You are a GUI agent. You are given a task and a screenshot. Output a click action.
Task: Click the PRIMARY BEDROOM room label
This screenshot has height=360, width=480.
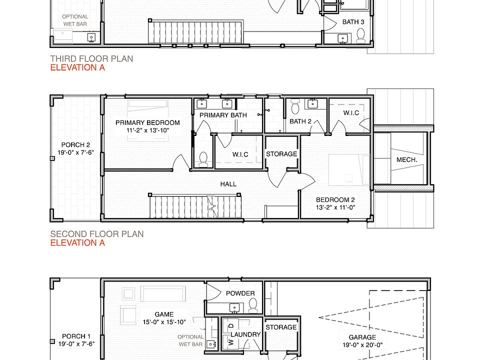(147, 123)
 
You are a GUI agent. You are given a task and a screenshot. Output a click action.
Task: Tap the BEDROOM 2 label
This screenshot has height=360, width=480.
(335, 200)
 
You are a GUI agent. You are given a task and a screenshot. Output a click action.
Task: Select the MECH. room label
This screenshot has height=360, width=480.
(407, 160)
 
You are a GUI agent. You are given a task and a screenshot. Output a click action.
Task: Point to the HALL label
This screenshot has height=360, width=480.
(228, 184)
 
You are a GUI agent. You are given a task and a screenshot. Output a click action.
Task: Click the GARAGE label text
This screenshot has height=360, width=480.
(362, 337)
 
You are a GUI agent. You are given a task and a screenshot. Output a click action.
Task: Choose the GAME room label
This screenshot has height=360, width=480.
(164, 314)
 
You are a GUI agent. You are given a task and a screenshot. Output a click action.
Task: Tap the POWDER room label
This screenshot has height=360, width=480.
(240, 293)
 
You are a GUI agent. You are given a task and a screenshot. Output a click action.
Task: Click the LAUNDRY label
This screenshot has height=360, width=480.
(245, 334)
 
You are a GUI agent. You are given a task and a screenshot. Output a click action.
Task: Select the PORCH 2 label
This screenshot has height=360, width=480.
(75, 145)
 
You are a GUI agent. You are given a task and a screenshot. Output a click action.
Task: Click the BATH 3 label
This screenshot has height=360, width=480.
(353, 22)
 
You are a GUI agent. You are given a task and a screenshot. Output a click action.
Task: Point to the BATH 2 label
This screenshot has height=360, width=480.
(300, 121)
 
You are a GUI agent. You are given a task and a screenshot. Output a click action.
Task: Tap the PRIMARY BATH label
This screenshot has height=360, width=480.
(223, 115)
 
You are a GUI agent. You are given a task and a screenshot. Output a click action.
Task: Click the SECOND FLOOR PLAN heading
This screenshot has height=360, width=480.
(96, 234)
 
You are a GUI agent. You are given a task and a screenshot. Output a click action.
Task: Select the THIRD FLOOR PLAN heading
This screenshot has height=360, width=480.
(91, 59)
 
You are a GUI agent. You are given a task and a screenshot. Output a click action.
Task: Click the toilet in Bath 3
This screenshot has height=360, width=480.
(360, 35)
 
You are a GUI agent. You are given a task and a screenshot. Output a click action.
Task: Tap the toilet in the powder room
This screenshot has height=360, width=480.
(253, 305)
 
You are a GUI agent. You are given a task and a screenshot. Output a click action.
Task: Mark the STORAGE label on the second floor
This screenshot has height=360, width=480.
(281, 154)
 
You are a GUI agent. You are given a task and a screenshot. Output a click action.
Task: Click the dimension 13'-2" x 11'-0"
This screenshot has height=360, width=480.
(335, 207)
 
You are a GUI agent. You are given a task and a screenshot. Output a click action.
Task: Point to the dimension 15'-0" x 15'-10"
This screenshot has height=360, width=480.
(164, 322)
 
